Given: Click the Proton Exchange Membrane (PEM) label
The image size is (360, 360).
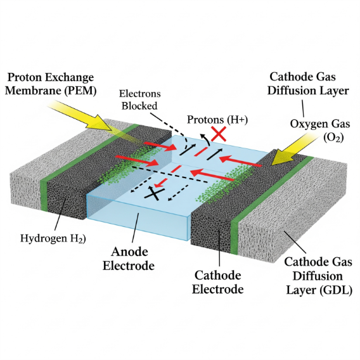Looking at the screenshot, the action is (x=51, y=84).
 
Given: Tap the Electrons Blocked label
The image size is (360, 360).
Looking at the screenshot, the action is (x=139, y=100).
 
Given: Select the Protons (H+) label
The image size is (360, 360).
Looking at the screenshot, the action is (x=217, y=120).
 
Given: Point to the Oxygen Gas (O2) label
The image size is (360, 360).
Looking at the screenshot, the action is (x=320, y=131).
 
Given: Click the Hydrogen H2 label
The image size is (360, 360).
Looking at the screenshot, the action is (x=53, y=238).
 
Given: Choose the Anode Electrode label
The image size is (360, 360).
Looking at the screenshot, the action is (x=129, y=259).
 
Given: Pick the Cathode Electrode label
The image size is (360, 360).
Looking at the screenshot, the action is (x=217, y=283).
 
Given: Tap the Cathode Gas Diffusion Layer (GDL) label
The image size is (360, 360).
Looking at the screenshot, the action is (x=319, y=276).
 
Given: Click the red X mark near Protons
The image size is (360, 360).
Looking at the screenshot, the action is (x=219, y=134).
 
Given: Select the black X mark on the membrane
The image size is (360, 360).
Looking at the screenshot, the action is (x=155, y=193).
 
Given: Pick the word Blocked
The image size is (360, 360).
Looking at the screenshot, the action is (x=139, y=106).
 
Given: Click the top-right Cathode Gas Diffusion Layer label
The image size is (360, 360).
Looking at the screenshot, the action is (x=308, y=84).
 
